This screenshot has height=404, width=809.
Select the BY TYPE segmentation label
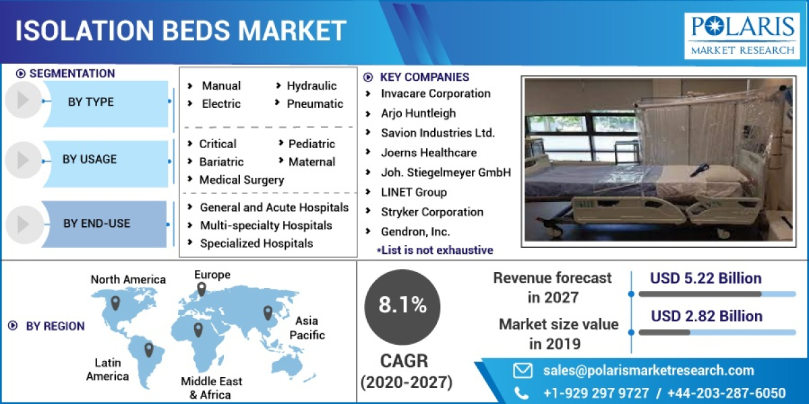(91, 102)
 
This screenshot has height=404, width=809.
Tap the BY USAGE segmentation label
(90, 160)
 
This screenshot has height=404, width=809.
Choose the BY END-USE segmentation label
(96, 224)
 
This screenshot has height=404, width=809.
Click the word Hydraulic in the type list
(311, 86)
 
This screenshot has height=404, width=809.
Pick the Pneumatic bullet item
(315, 104)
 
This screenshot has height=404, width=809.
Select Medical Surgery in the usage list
(241, 180)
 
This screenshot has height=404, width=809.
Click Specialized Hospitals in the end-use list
(256, 243)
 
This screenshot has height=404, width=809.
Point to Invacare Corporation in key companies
(436, 94)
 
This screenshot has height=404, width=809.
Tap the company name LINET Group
(413, 193)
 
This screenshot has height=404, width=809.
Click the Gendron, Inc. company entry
(415, 232)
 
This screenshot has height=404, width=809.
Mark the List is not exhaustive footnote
(434, 250)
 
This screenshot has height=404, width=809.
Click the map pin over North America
(115, 302)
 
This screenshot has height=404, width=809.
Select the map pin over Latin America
(149, 349)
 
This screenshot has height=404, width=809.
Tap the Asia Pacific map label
(307, 328)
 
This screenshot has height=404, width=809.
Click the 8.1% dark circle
(402, 305)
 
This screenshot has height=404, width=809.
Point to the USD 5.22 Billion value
(706, 279)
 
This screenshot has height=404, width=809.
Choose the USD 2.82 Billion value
(707, 316)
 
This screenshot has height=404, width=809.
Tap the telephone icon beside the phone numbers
(522, 393)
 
